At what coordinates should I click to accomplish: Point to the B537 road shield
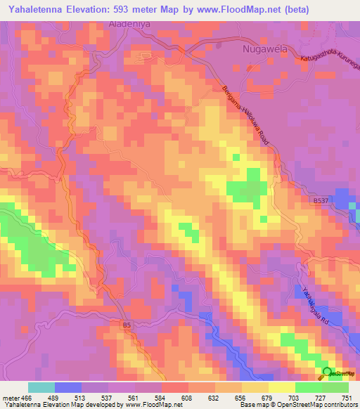click(321, 201)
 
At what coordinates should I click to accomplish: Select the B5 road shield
click(126, 325)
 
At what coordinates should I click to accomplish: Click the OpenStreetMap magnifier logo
click(327, 373)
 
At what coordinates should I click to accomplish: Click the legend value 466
click(27, 397)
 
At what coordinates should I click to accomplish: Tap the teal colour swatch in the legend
click(41, 387)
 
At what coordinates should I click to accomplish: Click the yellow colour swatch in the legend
click(282, 387)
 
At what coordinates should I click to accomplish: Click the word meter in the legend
click(11, 397)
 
